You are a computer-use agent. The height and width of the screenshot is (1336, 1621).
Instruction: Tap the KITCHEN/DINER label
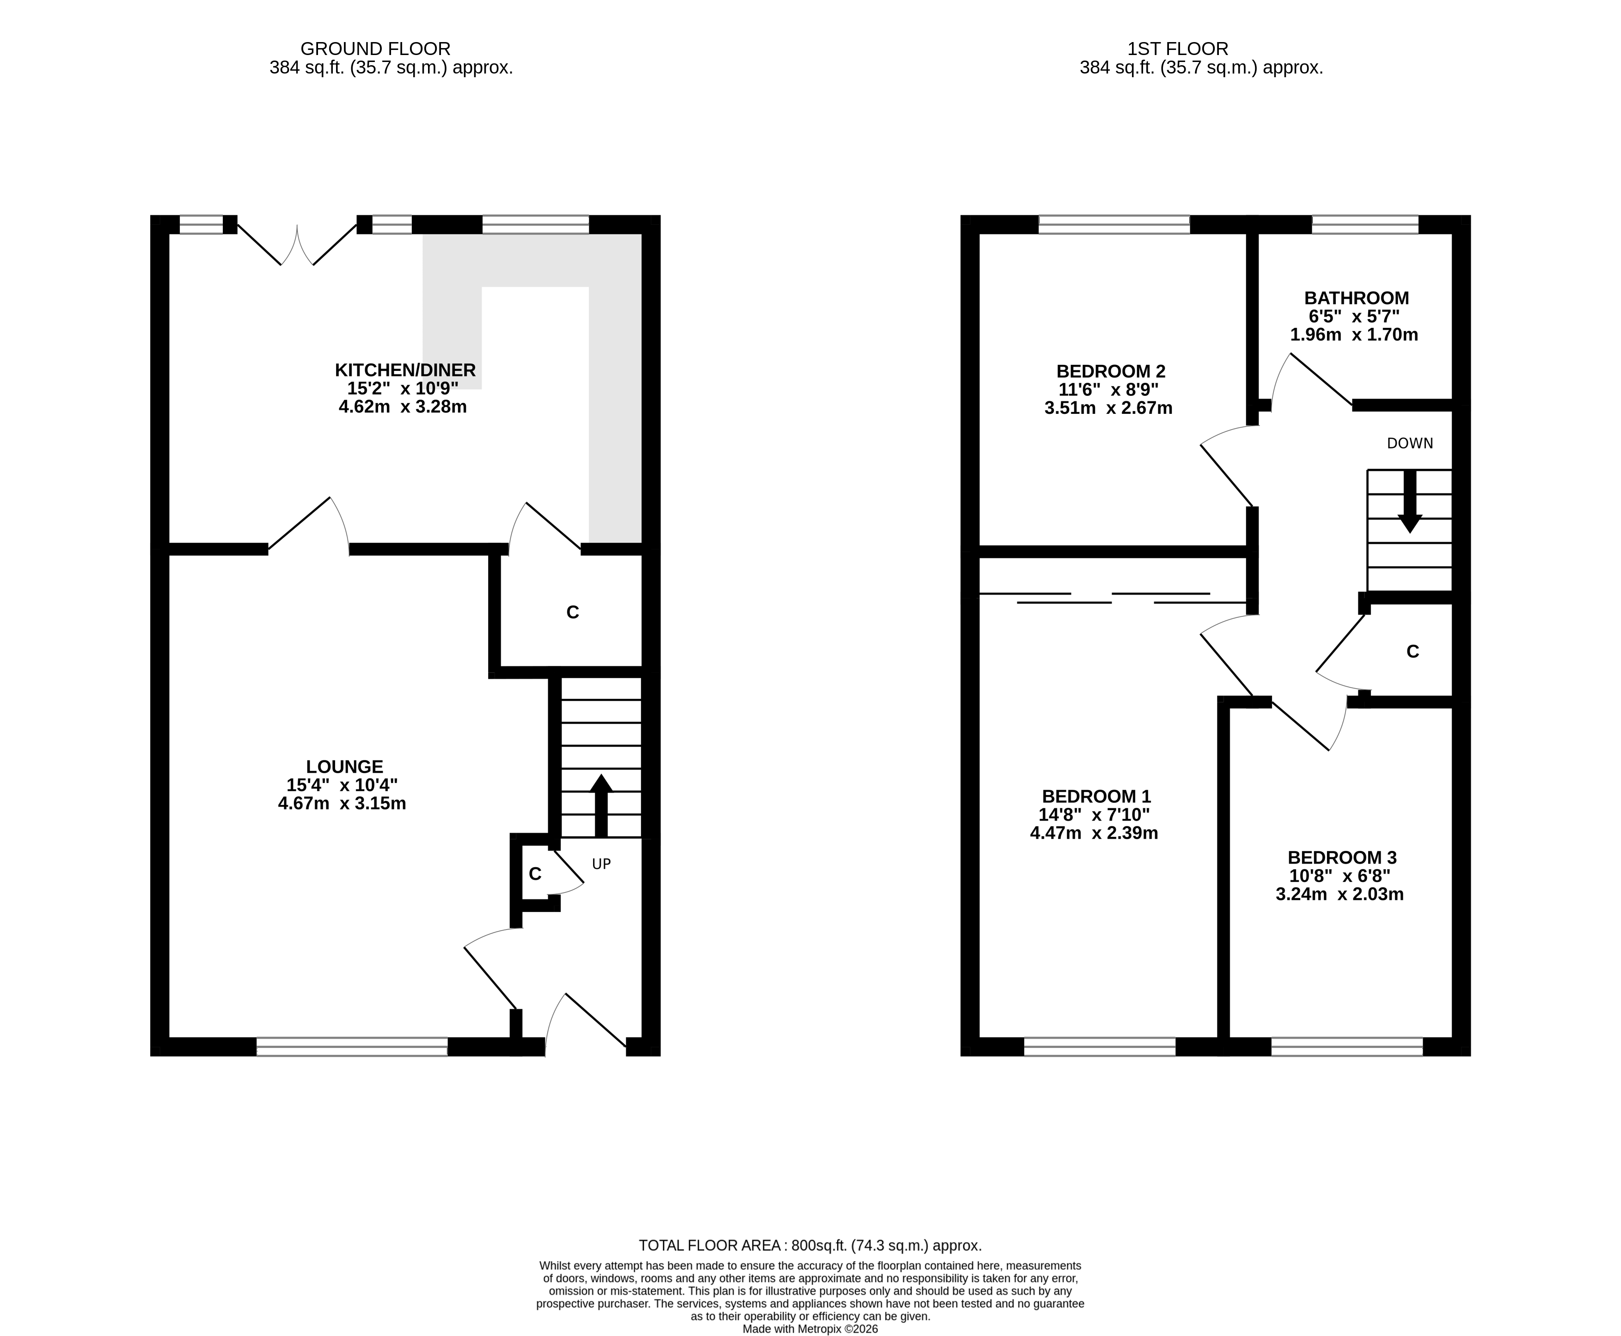point(405,369)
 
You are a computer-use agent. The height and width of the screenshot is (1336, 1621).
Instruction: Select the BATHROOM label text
point(1356,298)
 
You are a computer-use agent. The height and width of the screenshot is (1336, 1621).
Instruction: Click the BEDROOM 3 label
point(1342,857)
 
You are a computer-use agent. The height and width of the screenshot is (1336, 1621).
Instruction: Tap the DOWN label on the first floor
point(1409,443)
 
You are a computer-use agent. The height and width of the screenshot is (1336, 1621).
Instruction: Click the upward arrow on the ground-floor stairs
point(601,806)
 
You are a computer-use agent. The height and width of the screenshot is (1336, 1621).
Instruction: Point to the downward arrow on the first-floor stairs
point(1409,501)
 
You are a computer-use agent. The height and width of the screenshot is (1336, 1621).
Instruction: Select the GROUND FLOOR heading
point(375,49)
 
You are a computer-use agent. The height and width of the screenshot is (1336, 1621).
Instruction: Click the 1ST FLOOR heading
point(1178,49)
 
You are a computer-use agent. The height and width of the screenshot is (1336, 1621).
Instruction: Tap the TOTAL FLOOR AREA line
point(810,1245)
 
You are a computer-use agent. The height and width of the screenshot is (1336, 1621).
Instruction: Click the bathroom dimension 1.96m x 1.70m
point(1354,335)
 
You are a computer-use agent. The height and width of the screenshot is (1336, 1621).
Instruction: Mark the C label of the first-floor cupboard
point(1413,652)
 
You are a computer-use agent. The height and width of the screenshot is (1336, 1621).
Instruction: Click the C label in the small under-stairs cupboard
point(535,874)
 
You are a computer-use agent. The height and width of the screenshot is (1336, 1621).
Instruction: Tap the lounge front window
point(352,1047)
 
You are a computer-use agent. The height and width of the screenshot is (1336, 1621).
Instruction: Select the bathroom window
point(1365,225)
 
